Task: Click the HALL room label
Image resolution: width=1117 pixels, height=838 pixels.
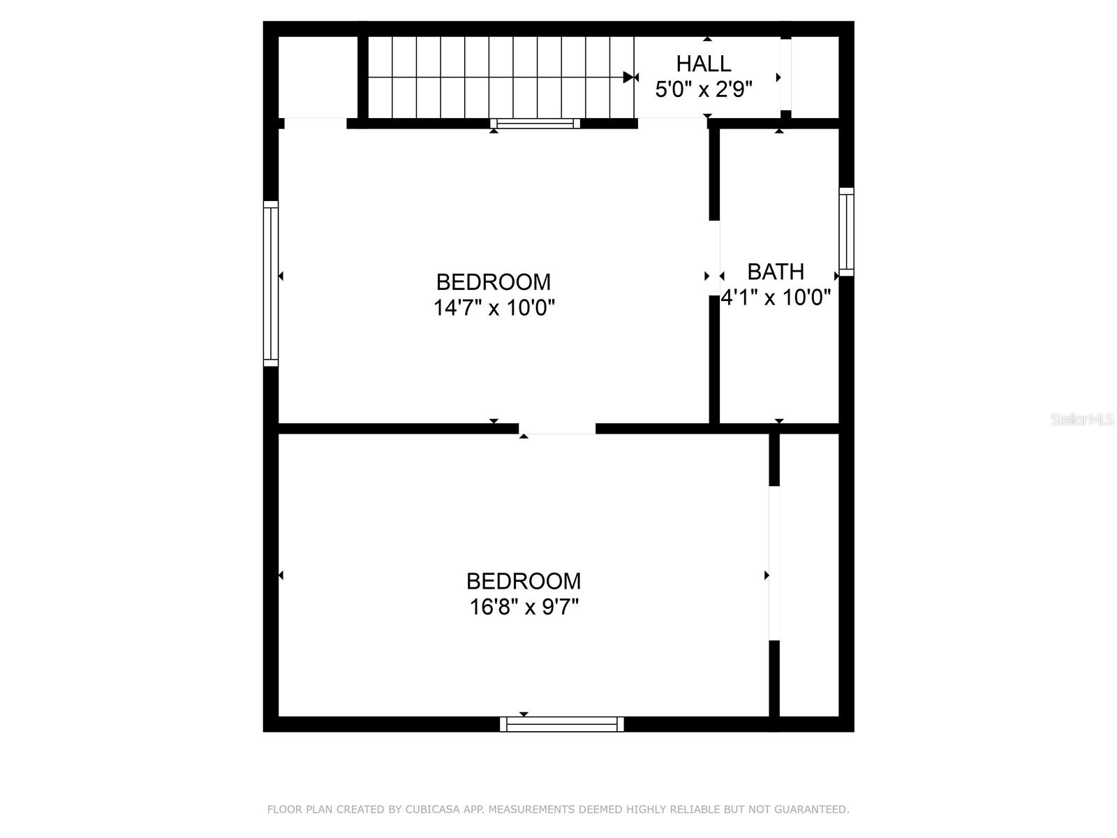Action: click(704, 64)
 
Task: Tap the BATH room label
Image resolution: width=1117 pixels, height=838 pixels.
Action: click(776, 271)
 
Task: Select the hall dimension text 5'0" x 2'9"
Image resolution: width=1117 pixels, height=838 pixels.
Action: click(704, 89)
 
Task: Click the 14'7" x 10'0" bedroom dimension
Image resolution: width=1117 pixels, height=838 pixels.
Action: click(494, 307)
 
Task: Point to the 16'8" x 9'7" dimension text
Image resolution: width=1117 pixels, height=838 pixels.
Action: click(524, 607)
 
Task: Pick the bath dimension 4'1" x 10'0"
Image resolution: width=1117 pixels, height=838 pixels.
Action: click(776, 297)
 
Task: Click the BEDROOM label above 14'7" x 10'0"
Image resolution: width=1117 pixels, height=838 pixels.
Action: click(494, 282)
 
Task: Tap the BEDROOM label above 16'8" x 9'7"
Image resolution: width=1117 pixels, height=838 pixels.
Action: click(524, 581)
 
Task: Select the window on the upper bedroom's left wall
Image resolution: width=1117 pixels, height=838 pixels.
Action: click(271, 284)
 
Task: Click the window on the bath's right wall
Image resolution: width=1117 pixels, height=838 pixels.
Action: click(846, 231)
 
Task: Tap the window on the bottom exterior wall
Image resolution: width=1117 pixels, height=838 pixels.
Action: click(562, 724)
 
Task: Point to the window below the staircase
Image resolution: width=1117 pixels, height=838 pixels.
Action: click(535, 124)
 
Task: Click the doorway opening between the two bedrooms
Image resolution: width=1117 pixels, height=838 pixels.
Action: click(557, 428)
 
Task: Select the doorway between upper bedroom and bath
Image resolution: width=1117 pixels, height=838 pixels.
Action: click(714, 258)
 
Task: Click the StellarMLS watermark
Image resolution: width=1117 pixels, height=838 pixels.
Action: click(1082, 420)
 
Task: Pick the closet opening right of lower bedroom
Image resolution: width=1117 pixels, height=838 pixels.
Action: click(774, 563)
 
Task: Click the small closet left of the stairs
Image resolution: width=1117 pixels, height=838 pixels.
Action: click(318, 77)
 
